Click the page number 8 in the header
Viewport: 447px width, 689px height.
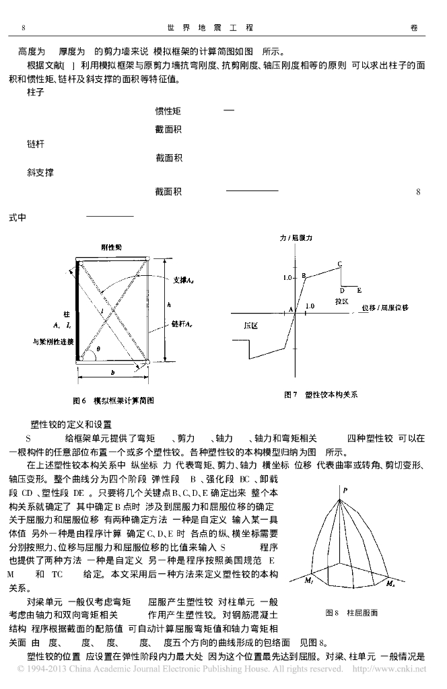click(x=24, y=28)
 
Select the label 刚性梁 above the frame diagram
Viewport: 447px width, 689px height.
click(x=112, y=248)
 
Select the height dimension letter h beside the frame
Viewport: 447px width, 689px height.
click(x=169, y=304)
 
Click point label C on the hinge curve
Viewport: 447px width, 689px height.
click(x=339, y=263)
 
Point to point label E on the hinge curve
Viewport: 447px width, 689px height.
click(x=359, y=290)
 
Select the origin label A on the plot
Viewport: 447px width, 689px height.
click(x=290, y=309)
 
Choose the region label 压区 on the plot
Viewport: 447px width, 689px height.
click(x=251, y=325)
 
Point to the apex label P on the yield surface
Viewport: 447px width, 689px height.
click(x=345, y=491)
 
